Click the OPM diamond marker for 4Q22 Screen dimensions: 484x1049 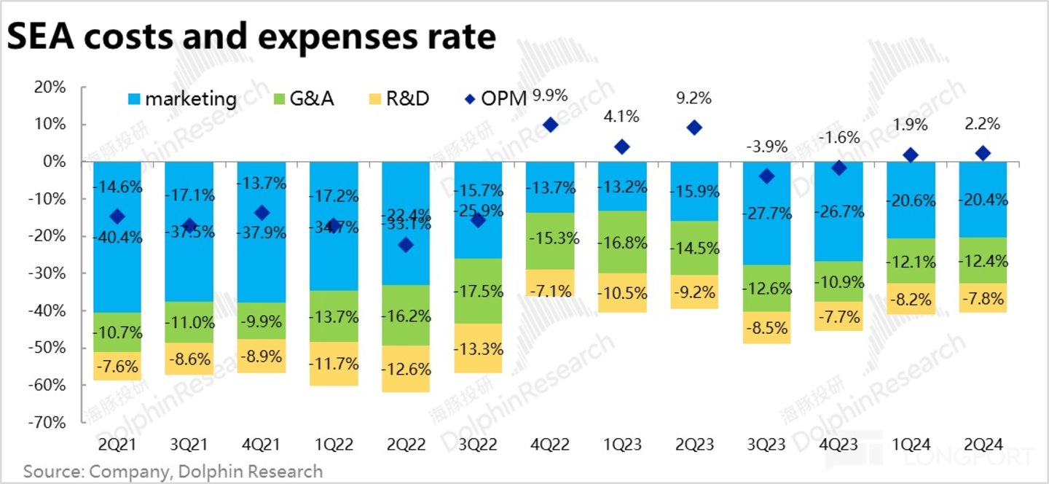[x=551, y=125]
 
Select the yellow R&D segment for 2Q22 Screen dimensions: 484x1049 [x=406, y=369]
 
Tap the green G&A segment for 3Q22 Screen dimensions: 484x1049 [x=478, y=291]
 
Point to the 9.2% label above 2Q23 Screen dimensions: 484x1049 [x=694, y=98]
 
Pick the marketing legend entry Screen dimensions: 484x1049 [x=182, y=98]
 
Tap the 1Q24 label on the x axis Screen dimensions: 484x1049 [x=911, y=443]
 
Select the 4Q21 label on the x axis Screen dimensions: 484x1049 [x=262, y=443]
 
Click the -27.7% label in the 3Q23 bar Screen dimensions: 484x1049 [x=766, y=214]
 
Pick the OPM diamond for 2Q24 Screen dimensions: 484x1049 [x=983, y=153]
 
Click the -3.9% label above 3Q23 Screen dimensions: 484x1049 [x=766, y=147]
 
